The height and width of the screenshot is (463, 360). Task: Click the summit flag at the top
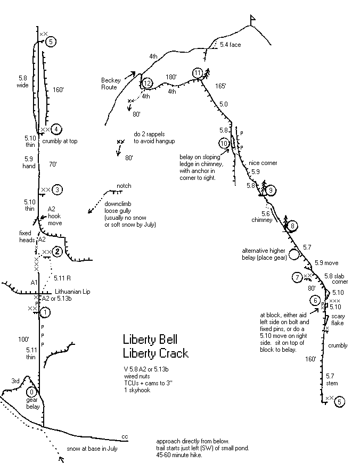(252, 19)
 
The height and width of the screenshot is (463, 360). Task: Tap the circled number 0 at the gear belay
(30, 391)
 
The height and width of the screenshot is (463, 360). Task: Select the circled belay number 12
(148, 82)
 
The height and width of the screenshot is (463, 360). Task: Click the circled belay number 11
(198, 73)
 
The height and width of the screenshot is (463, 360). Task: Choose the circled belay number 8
(292, 226)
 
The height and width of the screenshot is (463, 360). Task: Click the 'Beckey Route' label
(109, 84)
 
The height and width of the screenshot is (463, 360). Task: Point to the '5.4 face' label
(231, 45)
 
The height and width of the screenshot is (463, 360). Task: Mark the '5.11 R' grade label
(63, 278)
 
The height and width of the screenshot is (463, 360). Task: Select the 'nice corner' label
(261, 163)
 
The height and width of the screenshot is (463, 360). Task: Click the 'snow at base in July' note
(92, 449)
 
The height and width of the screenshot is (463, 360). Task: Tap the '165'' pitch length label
(220, 86)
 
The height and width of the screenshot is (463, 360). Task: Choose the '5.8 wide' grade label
(22, 81)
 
